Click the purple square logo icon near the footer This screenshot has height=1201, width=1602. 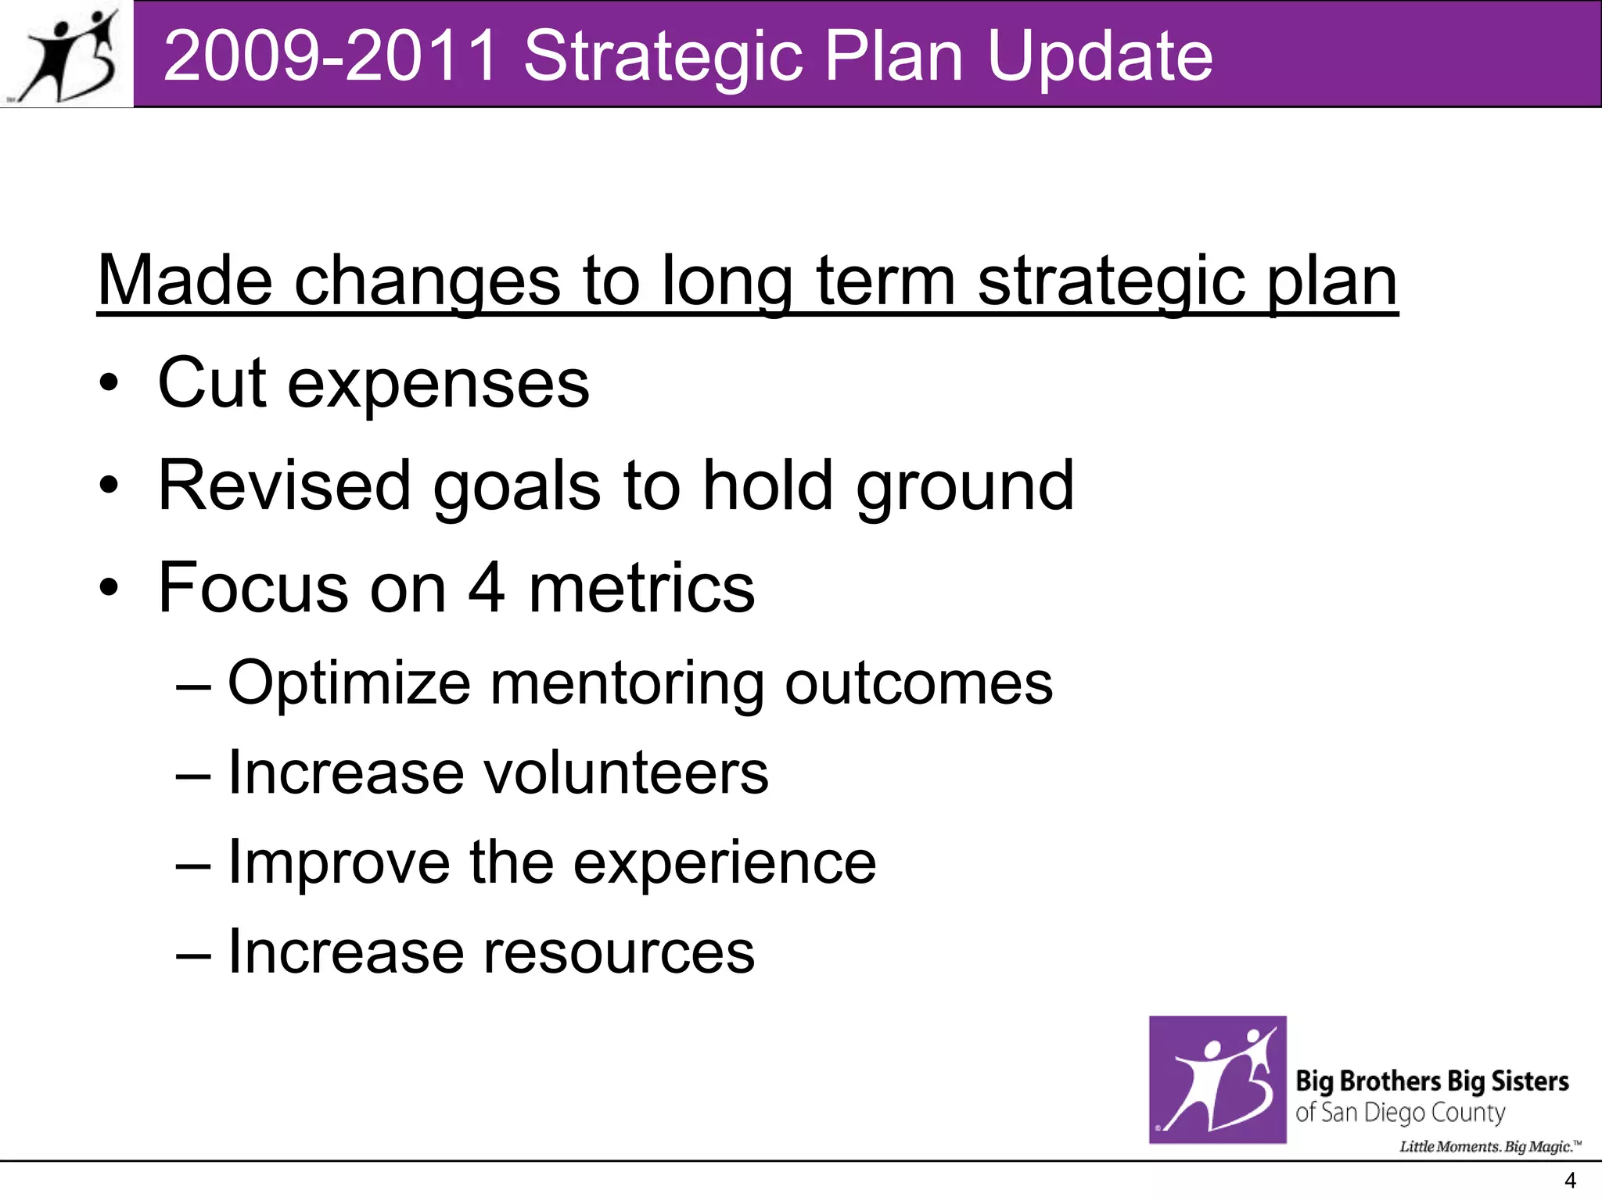point(1217,1079)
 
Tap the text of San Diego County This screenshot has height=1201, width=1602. point(1399,1113)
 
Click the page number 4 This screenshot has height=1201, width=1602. point(1569,1181)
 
